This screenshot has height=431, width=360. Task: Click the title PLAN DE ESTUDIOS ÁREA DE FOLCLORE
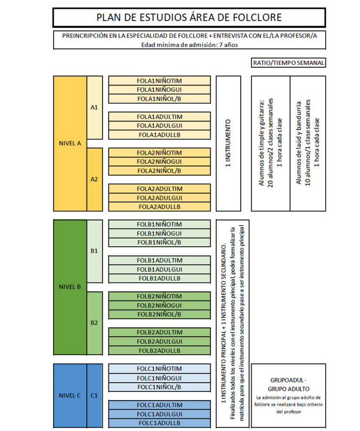(x=189, y=17)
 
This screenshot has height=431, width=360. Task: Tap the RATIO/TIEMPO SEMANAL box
(x=289, y=63)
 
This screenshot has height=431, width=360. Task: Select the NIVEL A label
(x=70, y=144)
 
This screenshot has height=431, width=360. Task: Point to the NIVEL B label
(x=69, y=287)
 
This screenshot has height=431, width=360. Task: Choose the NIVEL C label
(x=69, y=395)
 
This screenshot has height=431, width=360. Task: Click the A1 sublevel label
(x=94, y=107)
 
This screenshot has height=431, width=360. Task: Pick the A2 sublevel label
(x=94, y=179)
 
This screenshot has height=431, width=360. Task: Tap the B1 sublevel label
(x=94, y=251)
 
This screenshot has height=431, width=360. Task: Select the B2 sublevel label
(x=94, y=323)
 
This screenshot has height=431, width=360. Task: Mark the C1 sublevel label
(x=94, y=395)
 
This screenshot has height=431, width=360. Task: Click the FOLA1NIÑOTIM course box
(x=159, y=81)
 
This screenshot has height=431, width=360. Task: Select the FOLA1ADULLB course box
(x=159, y=134)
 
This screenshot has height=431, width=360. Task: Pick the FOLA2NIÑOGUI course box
(x=159, y=162)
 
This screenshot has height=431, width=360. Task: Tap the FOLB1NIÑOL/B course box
(x=159, y=242)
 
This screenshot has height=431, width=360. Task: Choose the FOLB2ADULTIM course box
(x=159, y=332)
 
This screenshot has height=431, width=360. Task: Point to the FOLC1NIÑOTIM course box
(x=159, y=369)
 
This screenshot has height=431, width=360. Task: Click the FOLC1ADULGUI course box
(x=159, y=414)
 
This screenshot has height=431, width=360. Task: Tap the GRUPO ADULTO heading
(x=288, y=389)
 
